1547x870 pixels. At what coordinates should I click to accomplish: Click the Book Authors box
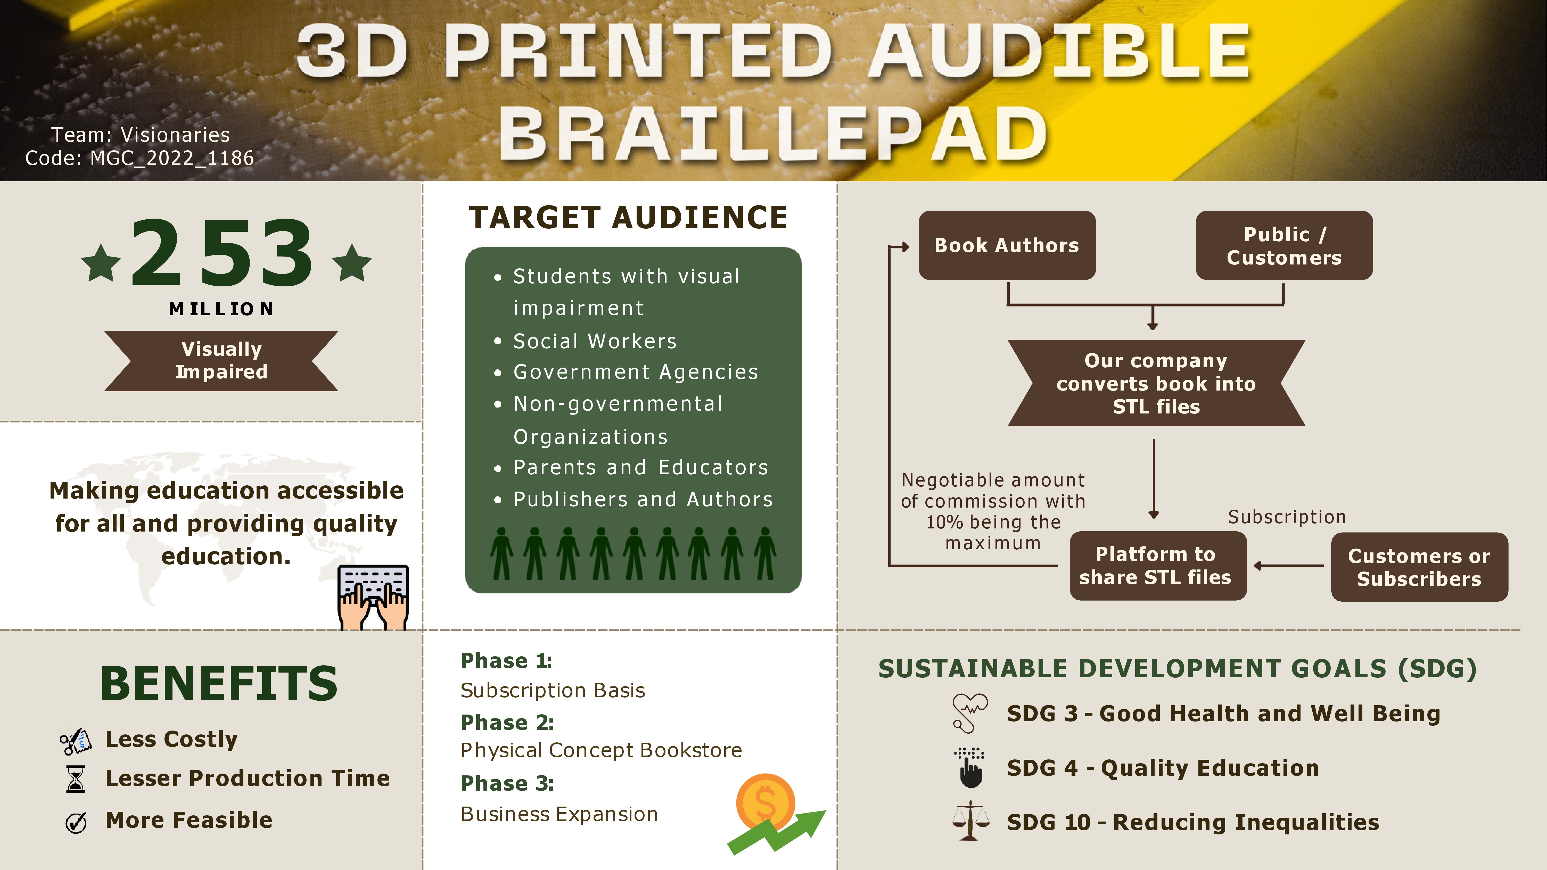1007,245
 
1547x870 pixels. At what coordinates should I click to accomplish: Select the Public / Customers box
1284,245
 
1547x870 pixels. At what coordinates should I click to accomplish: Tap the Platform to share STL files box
1158,566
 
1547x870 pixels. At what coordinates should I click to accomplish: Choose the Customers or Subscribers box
1419,567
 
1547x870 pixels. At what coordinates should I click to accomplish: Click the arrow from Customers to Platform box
1289,566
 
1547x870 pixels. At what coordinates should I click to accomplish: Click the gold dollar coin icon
766,803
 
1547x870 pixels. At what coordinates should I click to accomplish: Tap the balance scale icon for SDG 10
970,821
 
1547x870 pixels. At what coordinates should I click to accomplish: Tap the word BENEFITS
219,684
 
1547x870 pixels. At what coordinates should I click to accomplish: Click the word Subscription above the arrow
1287,517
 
